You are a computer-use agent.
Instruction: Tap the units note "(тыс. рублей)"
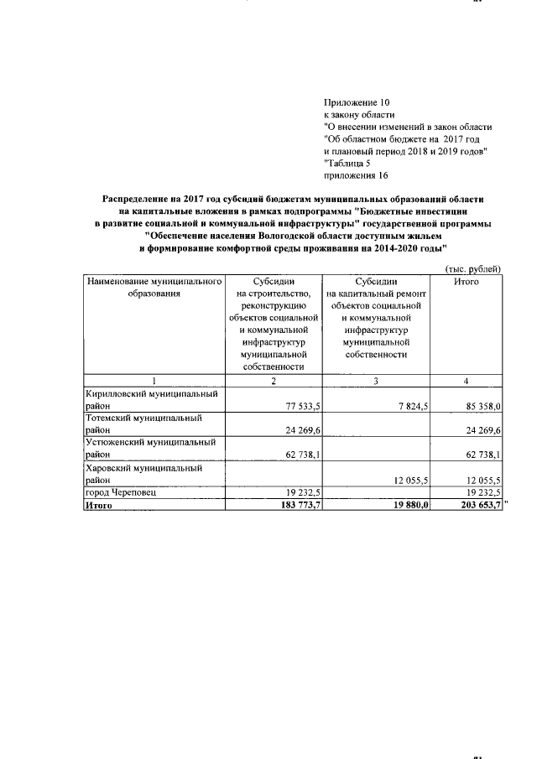pyautogui.click(x=473, y=268)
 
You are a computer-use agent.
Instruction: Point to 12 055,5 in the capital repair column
pyautogui.click(x=406, y=479)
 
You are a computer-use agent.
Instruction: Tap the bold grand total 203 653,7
pyautogui.click(x=477, y=505)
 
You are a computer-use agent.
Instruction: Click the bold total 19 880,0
pyautogui.click(x=406, y=505)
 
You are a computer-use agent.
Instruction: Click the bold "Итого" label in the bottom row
pyautogui.click(x=99, y=505)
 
